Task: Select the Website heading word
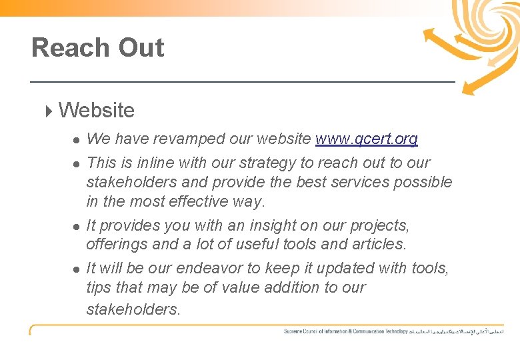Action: point(97,110)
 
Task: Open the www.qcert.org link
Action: point(367,139)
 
